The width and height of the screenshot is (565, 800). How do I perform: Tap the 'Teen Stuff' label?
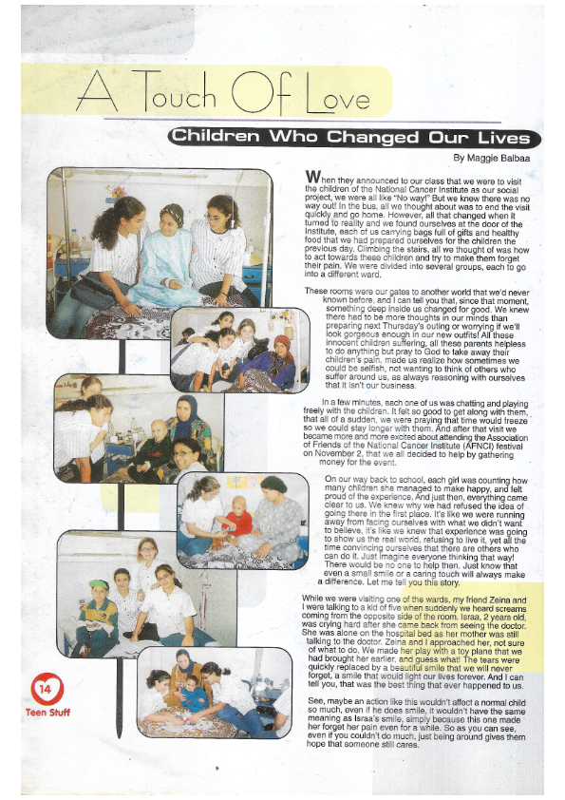(47, 711)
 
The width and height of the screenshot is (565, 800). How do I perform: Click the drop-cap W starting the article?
(312, 178)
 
